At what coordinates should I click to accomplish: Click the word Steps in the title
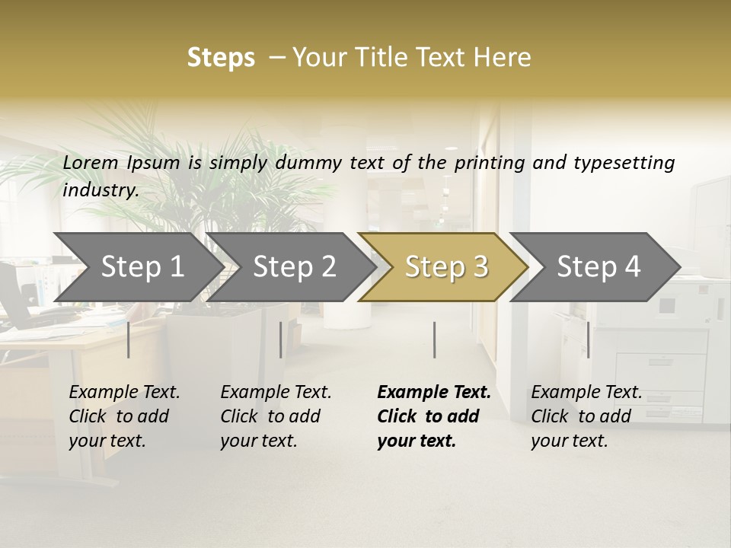(221, 58)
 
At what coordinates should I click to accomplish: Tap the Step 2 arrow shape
(294, 267)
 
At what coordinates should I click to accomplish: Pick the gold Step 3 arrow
(446, 267)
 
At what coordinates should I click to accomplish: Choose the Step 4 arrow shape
(599, 267)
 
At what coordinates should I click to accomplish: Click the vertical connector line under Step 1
(129, 339)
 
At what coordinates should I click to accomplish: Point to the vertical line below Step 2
(281, 339)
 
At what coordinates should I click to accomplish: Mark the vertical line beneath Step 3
(435, 339)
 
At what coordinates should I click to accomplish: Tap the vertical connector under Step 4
(589, 339)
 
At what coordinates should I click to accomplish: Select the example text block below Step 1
(124, 416)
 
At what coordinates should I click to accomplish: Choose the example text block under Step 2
(276, 416)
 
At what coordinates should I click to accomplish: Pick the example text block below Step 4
(586, 416)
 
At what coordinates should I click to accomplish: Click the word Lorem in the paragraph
(91, 162)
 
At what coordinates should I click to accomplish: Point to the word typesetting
(624, 163)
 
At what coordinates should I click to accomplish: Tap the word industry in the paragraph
(101, 190)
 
